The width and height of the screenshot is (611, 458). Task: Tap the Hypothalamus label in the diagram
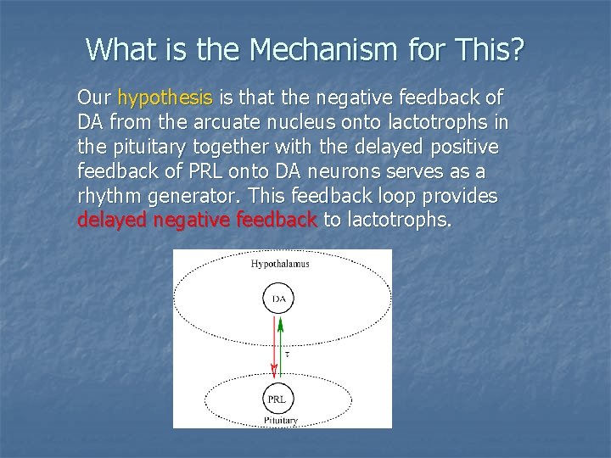pyautogui.click(x=280, y=264)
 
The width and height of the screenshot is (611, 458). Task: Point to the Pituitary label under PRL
pyautogui.click(x=280, y=420)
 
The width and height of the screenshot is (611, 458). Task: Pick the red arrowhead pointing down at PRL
pyautogui.click(x=274, y=371)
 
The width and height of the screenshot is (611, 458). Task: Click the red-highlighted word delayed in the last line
pyautogui.click(x=110, y=221)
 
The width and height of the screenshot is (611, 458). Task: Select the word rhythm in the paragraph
pyautogui.click(x=109, y=196)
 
